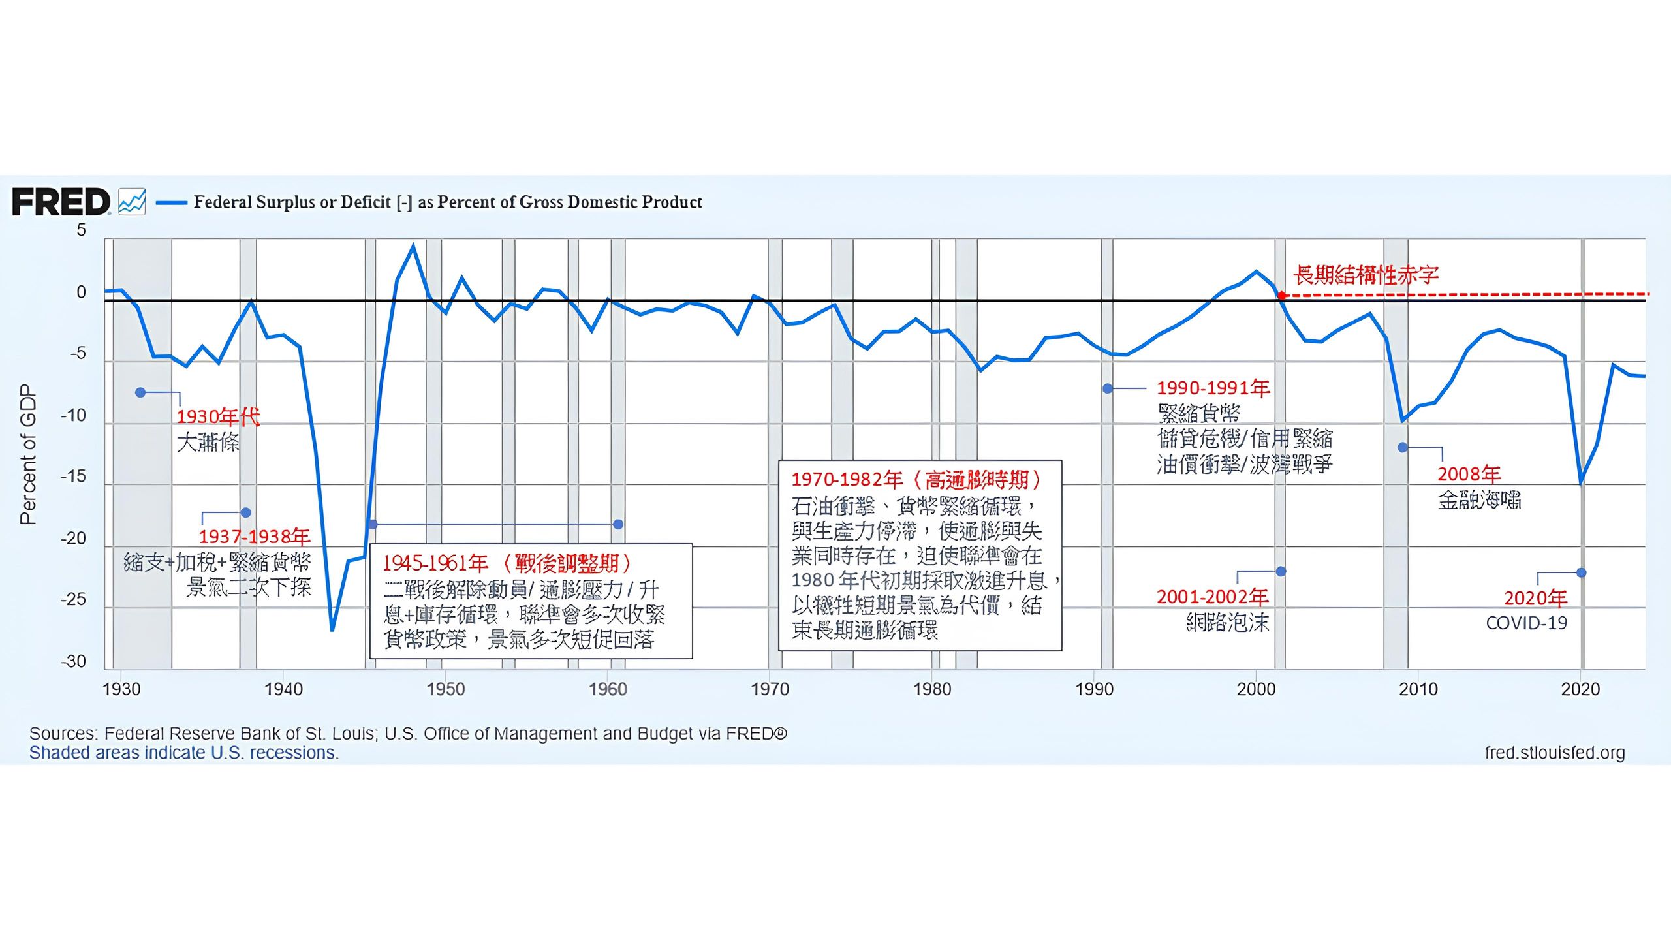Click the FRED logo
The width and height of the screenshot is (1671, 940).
[61, 202]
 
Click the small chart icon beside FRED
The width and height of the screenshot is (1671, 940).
[132, 202]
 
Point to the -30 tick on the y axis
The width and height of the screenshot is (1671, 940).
[74, 662]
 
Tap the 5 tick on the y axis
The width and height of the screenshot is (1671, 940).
[81, 230]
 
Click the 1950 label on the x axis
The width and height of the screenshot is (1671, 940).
[446, 689]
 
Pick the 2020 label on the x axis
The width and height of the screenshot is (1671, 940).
[1580, 689]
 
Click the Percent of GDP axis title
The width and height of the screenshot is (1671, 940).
[28, 454]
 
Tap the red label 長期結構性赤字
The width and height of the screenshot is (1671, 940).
[1366, 275]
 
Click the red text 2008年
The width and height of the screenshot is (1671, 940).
[1469, 474]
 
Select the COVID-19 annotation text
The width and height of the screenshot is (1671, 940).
[1526, 623]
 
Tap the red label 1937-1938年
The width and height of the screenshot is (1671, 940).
[255, 537]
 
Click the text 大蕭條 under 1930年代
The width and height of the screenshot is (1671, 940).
[208, 443]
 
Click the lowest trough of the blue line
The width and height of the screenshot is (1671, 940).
[332, 630]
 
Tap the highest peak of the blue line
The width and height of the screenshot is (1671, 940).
[413, 246]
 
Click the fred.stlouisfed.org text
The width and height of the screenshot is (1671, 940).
[1555, 753]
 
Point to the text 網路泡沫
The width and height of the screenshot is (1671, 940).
[1228, 623]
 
